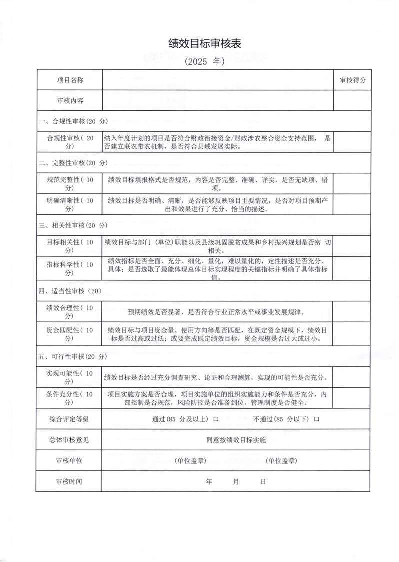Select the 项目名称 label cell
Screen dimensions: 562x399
[x=70, y=80]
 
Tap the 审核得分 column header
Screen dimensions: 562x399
[x=353, y=80]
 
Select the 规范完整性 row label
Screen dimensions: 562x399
[x=70, y=183]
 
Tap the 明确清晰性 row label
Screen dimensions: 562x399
[x=70, y=205]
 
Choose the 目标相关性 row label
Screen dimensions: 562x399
[x=70, y=246]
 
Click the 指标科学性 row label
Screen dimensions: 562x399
[x=70, y=268]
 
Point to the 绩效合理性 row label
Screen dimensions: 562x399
[x=70, y=312]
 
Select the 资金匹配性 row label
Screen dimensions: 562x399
[x=70, y=334]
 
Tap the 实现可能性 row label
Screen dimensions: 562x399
[x=70, y=377]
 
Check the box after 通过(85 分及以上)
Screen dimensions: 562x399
[x=216, y=419]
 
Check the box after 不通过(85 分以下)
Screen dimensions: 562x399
[x=316, y=419]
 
